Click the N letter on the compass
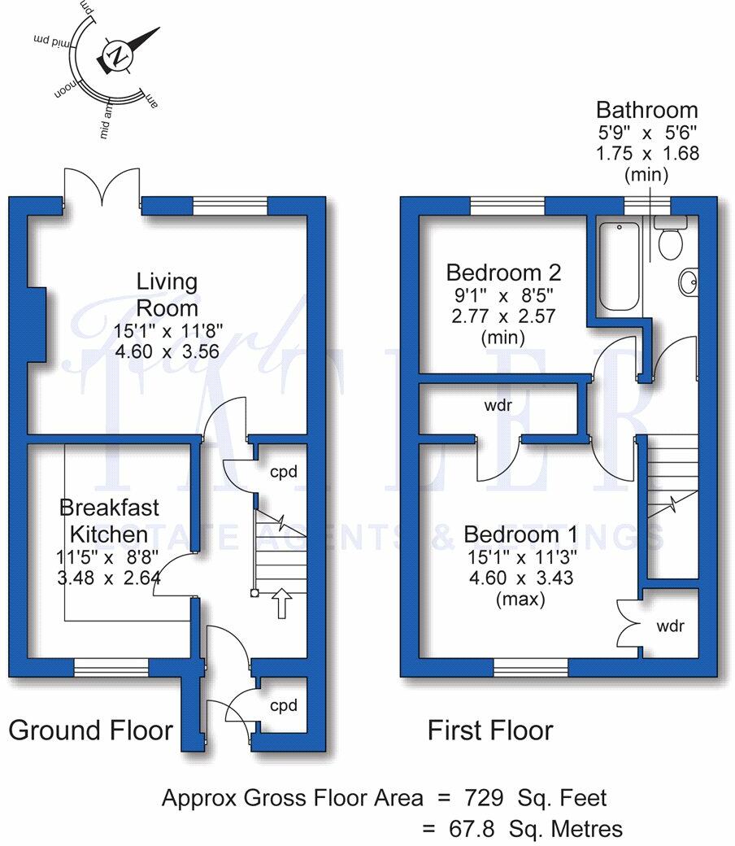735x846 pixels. click(x=119, y=57)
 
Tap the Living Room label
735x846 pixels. click(x=167, y=294)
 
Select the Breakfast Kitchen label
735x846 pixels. click(x=110, y=521)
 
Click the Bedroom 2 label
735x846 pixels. click(x=504, y=272)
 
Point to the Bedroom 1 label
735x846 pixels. click(x=520, y=534)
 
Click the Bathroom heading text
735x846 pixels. click(x=646, y=110)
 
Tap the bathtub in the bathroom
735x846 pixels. click(x=620, y=265)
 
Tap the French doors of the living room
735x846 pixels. click(x=102, y=187)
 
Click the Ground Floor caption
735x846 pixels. click(x=90, y=730)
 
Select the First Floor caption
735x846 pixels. click(x=490, y=730)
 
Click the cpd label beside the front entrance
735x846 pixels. click(x=285, y=704)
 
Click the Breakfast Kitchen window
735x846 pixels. click(x=111, y=667)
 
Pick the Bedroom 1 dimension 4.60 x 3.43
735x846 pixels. click(x=520, y=578)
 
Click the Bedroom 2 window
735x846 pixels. click(x=507, y=207)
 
